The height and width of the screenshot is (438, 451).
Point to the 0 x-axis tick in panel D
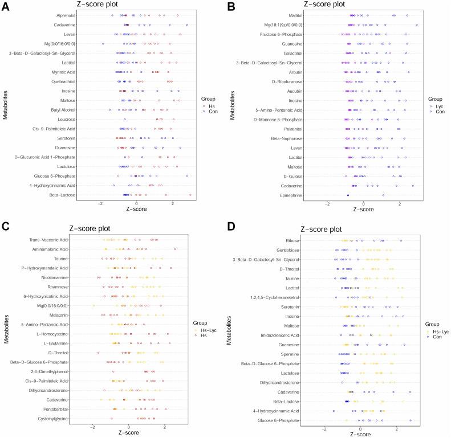tap(360, 428)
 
